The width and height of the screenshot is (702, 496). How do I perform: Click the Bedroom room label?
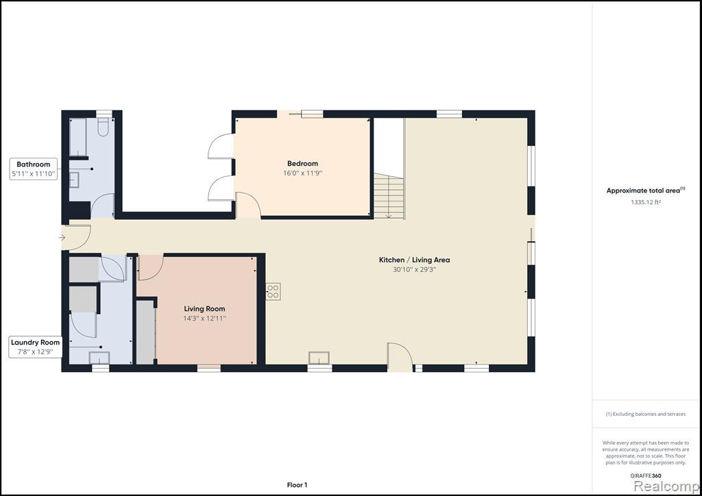(302, 163)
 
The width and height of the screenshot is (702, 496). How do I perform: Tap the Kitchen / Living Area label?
(414, 260)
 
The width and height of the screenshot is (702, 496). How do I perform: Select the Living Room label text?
(204, 308)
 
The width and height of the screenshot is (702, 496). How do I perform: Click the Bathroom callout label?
(34, 169)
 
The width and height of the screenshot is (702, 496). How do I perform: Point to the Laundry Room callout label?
(35, 347)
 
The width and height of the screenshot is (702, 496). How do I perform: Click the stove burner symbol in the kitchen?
(273, 291)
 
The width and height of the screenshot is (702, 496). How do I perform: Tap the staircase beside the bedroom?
(389, 196)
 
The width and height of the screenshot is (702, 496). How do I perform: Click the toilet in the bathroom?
(103, 127)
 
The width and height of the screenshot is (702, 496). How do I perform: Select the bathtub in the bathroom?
(78, 137)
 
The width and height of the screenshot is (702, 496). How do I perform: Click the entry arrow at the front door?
(62, 238)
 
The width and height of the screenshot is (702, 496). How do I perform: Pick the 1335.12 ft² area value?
(646, 202)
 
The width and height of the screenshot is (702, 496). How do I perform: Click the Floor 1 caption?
(297, 485)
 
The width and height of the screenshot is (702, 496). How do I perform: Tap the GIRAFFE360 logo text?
(646, 476)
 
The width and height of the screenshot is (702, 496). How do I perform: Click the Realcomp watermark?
(666, 486)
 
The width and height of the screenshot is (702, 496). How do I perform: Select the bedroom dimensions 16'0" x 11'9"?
(302, 173)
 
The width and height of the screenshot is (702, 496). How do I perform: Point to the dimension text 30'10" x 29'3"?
(414, 270)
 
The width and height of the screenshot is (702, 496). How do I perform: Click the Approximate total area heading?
(646, 190)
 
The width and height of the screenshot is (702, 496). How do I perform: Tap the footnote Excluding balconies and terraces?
(646, 414)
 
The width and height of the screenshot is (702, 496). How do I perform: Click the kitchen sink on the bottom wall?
(319, 358)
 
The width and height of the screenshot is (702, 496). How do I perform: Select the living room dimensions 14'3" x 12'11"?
(204, 319)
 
